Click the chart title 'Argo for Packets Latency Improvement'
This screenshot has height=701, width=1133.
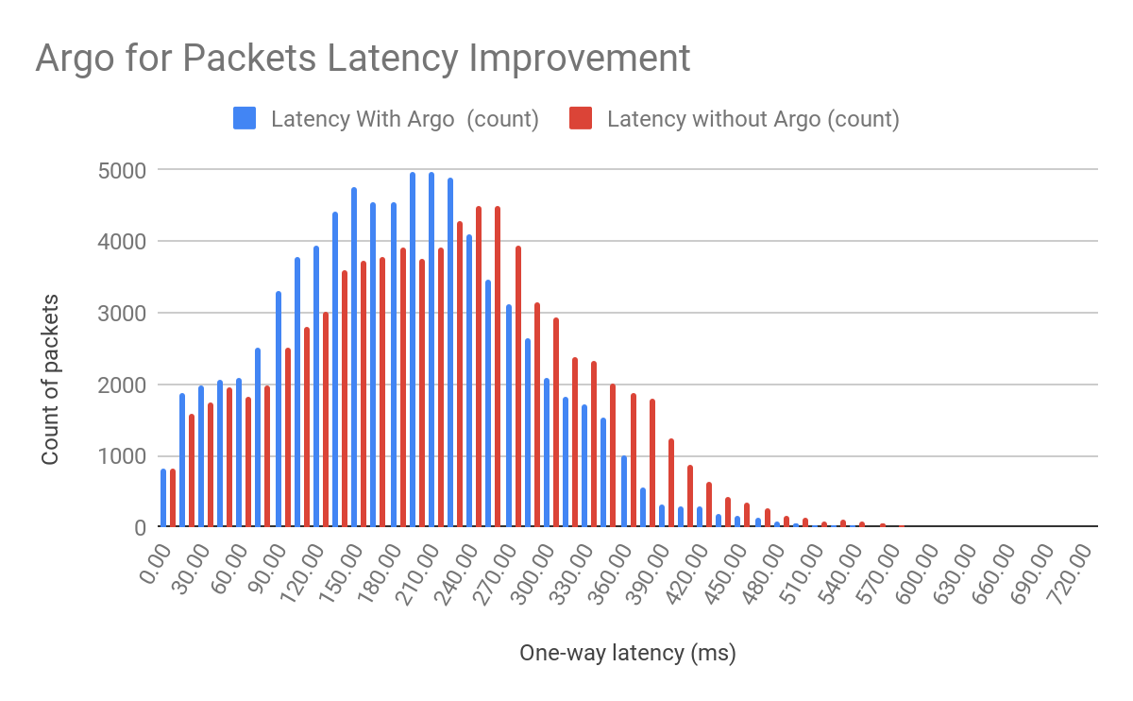[364, 59]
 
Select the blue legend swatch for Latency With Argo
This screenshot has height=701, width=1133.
[244, 119]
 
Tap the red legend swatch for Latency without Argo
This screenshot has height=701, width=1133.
[581, 119]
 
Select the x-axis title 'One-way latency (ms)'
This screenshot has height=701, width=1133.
[628, 653]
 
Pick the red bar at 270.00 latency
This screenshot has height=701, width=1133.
[517, 386]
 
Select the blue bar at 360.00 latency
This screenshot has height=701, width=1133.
[624, 491]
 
